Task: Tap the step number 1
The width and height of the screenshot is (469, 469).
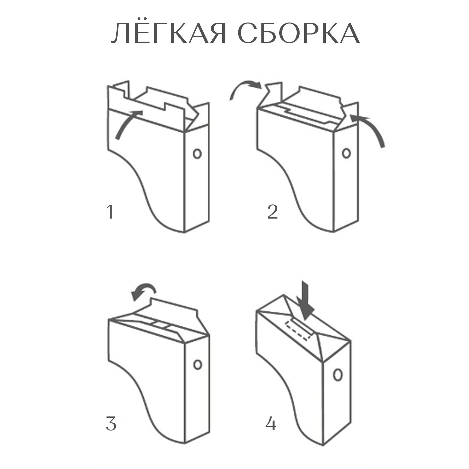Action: coord(109,212)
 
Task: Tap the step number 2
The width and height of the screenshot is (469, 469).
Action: coord(272,212)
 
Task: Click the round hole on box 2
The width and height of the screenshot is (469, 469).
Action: coord(346,153)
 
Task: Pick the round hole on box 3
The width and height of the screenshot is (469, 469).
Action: coord(197,364)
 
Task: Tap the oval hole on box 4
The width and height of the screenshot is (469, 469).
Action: coord(337,375)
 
